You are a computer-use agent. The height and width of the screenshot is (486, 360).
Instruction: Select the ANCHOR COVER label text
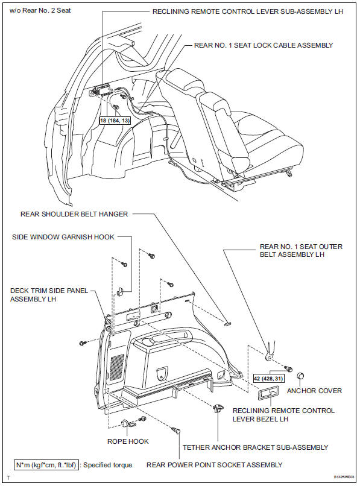tap(314, 391)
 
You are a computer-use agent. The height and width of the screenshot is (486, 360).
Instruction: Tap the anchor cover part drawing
tap(299, 377)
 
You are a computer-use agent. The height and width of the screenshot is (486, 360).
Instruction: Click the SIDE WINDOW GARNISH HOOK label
tap(63, 237)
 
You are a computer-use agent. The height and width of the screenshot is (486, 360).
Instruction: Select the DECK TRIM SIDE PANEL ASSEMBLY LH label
tap(49, 295)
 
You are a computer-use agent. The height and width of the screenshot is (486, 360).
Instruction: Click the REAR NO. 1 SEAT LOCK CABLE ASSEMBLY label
tap(263, 45)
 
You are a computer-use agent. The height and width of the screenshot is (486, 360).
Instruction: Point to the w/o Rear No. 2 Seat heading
tap(36, 10)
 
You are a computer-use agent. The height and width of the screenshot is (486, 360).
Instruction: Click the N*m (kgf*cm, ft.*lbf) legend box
tap(46, 465)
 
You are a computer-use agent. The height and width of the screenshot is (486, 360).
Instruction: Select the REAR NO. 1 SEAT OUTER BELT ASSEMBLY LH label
tap(292, 250)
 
